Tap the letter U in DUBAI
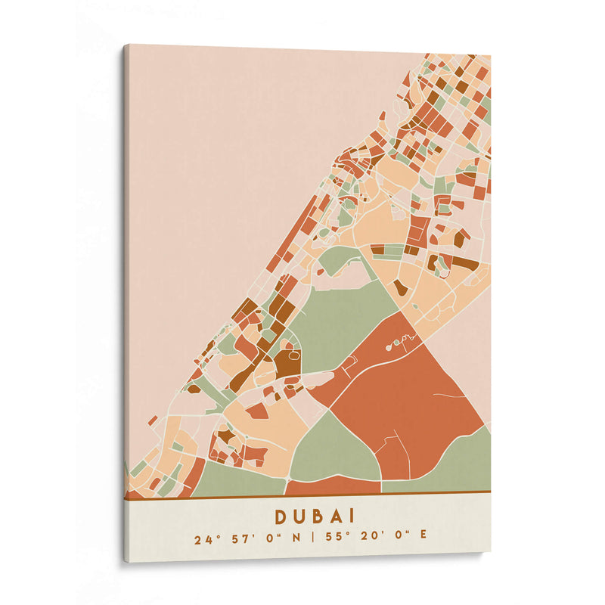coord(301,516)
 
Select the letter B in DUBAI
coord(321,516)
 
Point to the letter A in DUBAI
coord(340,516)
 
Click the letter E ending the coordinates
coord(423,538)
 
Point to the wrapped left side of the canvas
coord(126,302)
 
